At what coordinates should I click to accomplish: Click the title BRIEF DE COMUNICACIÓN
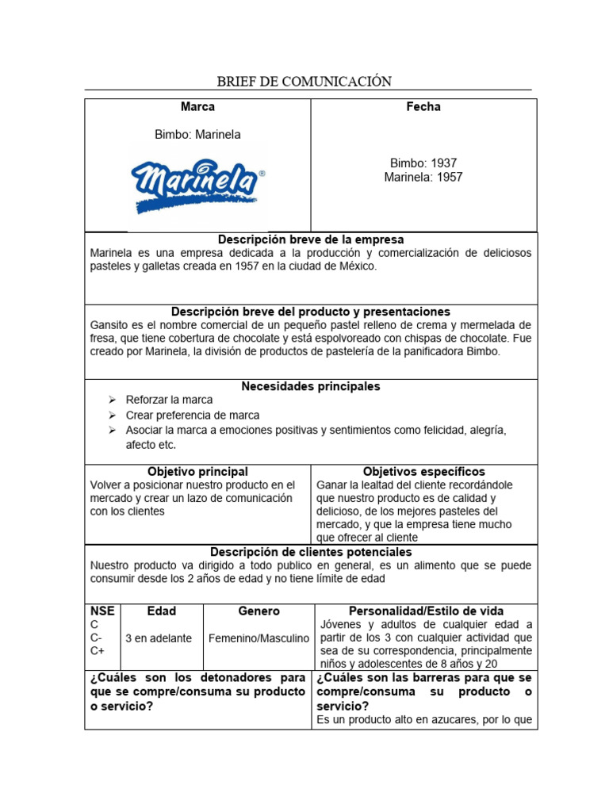[x=304, y=81]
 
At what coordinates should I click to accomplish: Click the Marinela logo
[x=197, y=185]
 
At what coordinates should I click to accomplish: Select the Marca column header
[x=197, y=107]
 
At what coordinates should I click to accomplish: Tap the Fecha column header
[x=423, y=107]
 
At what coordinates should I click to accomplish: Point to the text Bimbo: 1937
[x=423, y=163]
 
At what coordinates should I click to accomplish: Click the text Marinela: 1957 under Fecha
[x=423, y=178]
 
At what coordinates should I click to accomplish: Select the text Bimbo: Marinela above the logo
[x=197, y=135]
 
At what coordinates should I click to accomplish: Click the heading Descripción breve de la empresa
[x=311, y=239]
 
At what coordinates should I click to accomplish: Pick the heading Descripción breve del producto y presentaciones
[x=311, y=312]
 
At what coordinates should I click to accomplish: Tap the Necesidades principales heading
[x=311, y=386]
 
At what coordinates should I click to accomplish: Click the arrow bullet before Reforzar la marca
[x=112, y=400]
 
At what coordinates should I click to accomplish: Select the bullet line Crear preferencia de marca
[x=192, y=416]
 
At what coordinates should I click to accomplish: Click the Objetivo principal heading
[x=197, y=472]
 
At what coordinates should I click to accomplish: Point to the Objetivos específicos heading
[x=423, y=472]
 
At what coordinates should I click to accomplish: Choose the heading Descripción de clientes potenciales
[x=311, y=552]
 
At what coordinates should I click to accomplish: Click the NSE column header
[x=102, y=611]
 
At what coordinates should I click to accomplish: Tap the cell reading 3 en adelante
[x=159, y=638]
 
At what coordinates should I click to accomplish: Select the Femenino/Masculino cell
[x=259, y=638]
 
